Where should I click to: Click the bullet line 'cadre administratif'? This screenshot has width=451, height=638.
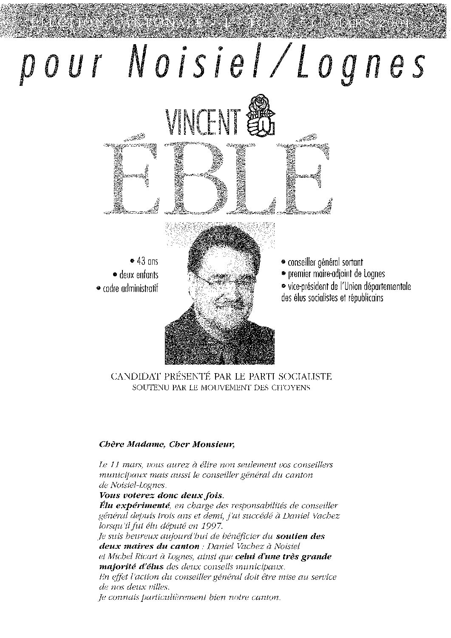130,289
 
